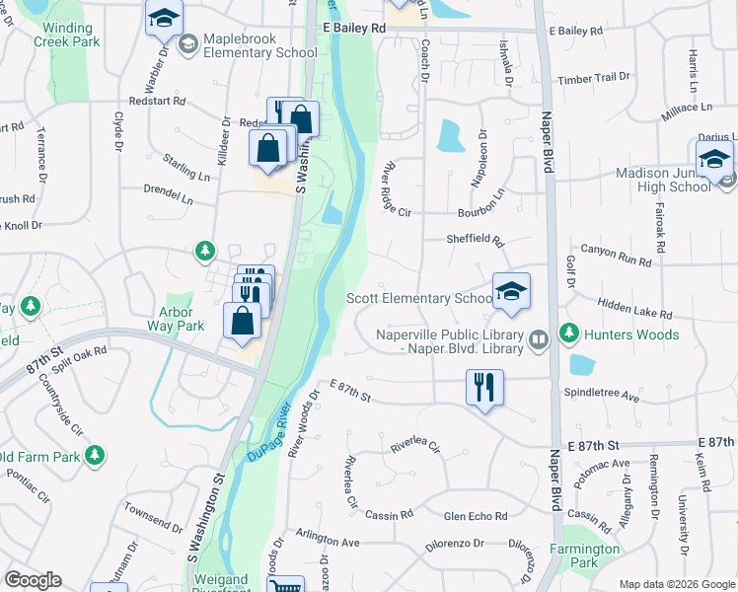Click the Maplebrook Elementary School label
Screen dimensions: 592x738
point(247,44)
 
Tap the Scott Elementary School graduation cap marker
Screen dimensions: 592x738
point(511,290)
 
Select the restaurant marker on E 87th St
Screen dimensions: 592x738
point(484,387)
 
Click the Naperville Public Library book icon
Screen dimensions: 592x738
point(538,340)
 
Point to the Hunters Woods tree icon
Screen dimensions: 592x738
point(569,334)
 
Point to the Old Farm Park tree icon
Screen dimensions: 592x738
point(95,456)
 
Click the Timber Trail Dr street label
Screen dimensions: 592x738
point(593,77)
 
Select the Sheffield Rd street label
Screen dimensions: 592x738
point(475,240)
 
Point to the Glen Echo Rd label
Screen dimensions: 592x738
point(475,516)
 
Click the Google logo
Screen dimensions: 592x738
point(34,580)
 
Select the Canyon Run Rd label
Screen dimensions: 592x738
point(616,256)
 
